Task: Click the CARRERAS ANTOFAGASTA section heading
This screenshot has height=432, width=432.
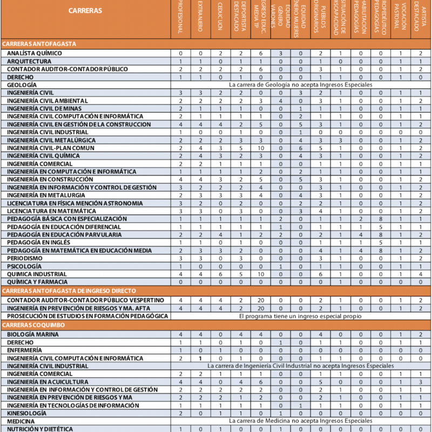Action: [x=39, y=44]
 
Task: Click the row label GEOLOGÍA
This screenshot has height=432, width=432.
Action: [x=22, y=85]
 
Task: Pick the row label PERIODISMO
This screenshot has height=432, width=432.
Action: [x=25, y=259]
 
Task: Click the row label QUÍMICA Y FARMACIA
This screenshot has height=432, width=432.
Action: [x=37, y=282]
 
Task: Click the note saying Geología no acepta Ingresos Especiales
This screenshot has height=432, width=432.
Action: [x=301, y=85]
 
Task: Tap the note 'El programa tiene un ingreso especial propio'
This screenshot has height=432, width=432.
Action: [x=301, y=315]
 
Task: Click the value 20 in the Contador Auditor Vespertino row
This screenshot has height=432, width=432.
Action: [x=260, y=300]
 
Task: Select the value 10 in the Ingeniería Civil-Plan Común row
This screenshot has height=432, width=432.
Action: [x=260, y=148]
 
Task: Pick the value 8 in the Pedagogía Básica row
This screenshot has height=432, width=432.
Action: [x=380, y=219]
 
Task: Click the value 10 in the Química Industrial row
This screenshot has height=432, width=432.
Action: [x=260, y=274]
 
